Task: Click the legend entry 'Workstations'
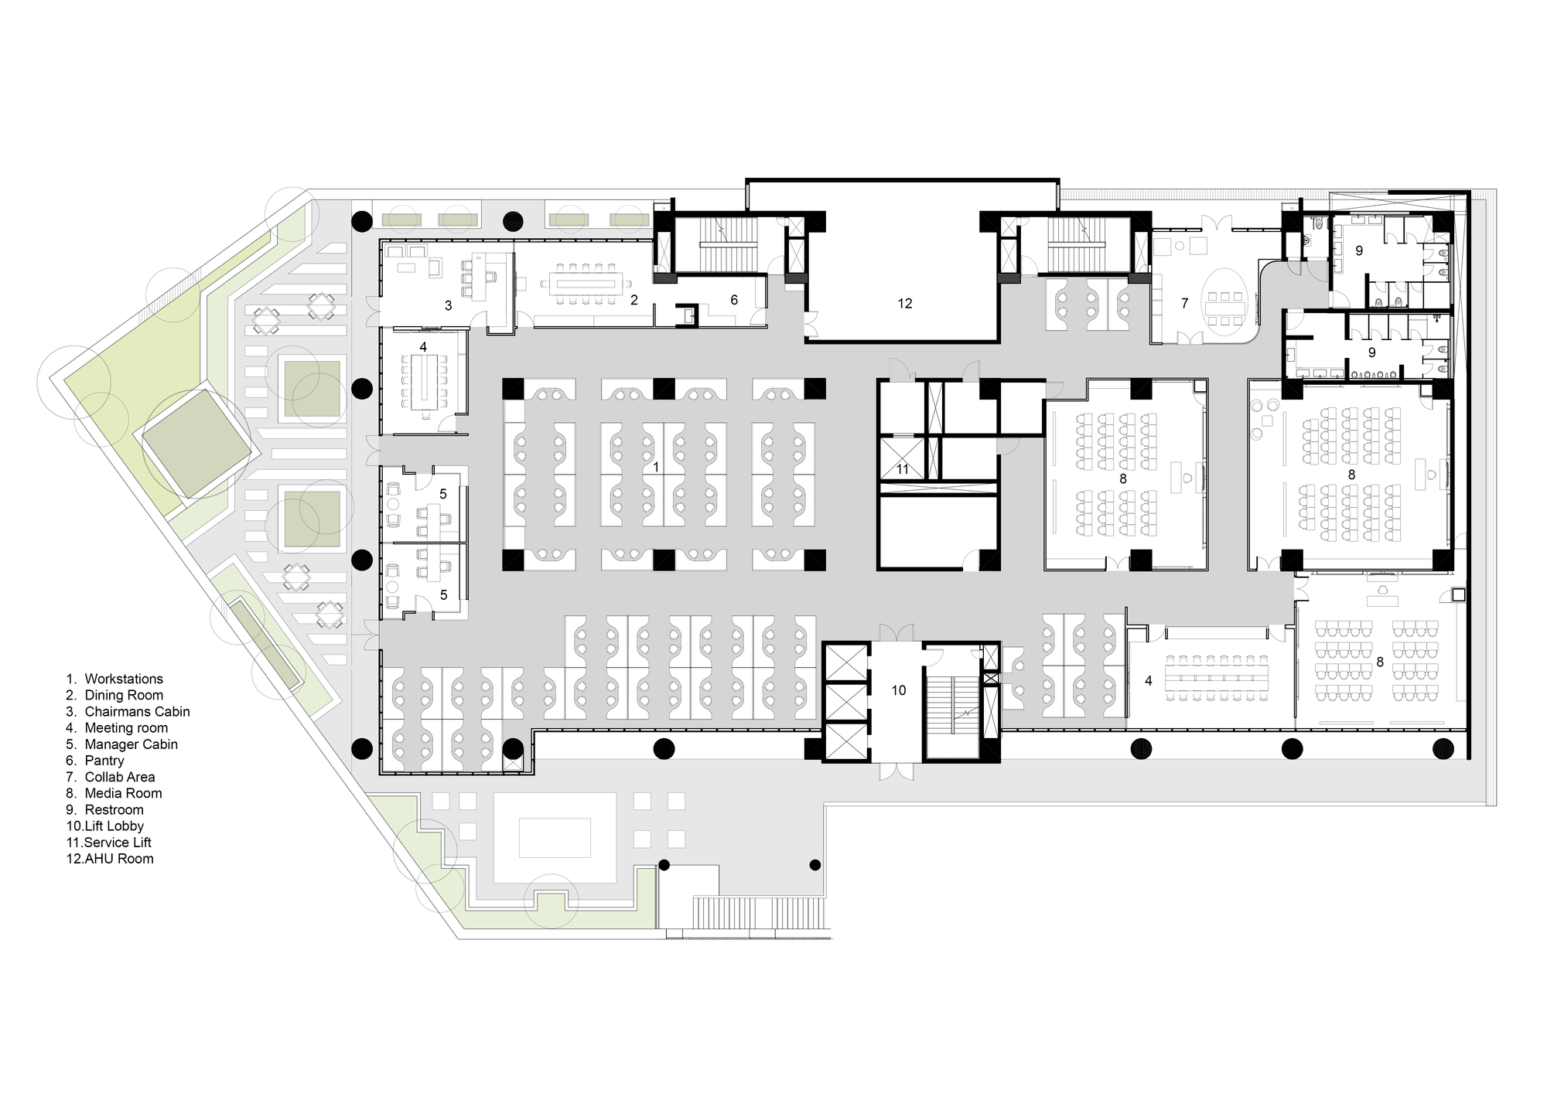click(124, 679)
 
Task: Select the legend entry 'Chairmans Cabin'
click(137, 711)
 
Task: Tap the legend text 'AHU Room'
click(119, 858)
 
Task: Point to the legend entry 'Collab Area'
click(120, 777)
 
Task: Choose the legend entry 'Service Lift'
click(118, 842)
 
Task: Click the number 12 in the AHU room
click(905, 304)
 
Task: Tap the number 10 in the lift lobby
click(898, 690)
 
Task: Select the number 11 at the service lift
click(903, 469)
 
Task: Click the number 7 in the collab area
click(1184, 304)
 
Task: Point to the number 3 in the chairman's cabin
click(448, 306)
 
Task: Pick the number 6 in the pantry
click(734, 300)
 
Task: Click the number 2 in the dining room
click(633, 300)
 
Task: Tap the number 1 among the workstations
click(656, 467)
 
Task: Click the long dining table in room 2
click(586, 283)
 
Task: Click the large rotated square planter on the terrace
click(194, 443)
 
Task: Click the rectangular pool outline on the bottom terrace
click(555, 838)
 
